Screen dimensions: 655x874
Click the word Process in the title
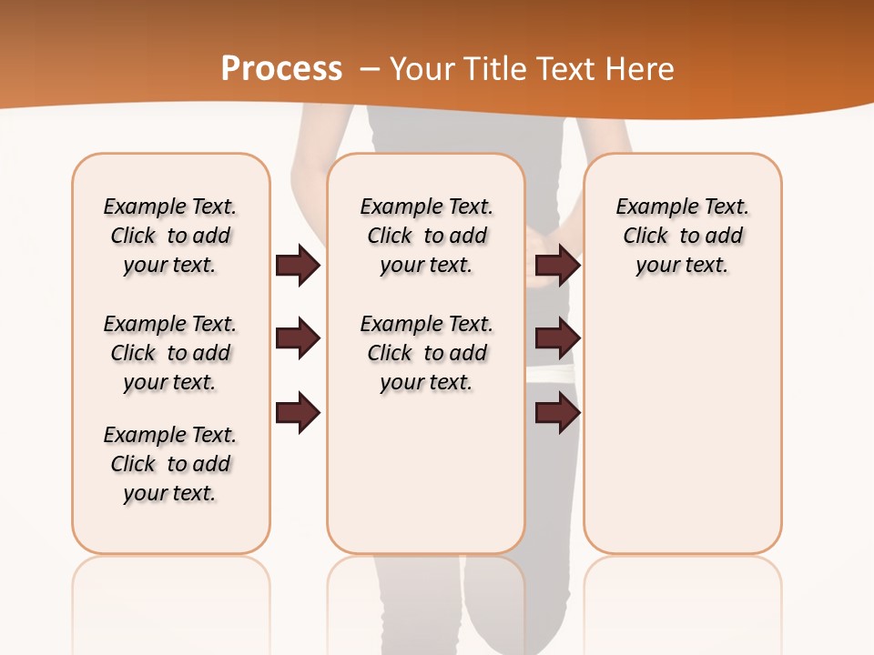(281, 68)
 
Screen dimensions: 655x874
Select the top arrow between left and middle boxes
(298, 266)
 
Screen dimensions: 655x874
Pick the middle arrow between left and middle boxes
(298, 339)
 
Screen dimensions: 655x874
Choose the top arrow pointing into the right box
(557, 266)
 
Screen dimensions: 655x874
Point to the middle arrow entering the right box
(557, 339)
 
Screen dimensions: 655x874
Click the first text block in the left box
(170, 236)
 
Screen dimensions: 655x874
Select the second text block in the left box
(170, 353)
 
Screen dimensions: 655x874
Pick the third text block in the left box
(170, 464)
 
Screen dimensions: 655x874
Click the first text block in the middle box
(426, 236)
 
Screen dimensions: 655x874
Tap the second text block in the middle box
(426, 353)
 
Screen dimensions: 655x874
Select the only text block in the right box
(682, 236)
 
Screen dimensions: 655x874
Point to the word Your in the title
(417, 68)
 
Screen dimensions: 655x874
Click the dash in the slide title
(370, 68)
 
